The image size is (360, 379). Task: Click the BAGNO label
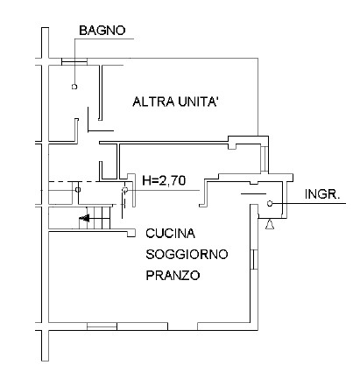pyautogui.click(x=102, y=31)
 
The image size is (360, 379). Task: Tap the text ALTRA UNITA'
pyautogui.click(x=175, y=102)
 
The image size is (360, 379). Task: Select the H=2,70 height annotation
pyautogui.click(x=164, y=180)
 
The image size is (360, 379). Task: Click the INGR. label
pyautogui.click(x=322, y=194)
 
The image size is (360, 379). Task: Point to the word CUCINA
pyautogui.click(x=171, y=233)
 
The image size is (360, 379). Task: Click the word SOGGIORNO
pyautogui.click(x=187, y=255)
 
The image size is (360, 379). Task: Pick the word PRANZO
pyautogui.click(x=173, y=275)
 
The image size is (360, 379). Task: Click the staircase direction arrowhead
pyautogui.click(x=84, y=218)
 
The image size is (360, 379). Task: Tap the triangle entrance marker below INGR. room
pyautogui.click(x=270, y=224)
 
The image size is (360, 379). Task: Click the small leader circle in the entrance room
pyautogui.click(x=270, y=204)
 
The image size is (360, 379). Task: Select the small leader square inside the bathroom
pyautogui.click(x=74, y=87)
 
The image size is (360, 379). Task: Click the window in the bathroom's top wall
pyautogui.click(x=74, y=61)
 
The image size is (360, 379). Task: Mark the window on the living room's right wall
pyautogui.click(x=254, y=259)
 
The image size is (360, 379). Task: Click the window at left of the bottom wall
pyautogui.click(x=102, y=326)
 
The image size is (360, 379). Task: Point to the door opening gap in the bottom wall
pyautogui.click(x=182, y=326)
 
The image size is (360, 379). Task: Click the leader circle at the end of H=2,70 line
pyautogui.click(x=125, y=190)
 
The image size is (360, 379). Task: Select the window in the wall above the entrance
pyautogui.click(x=264, y=158)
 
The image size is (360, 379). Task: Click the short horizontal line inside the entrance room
pyautogui.click(x=253, y=193)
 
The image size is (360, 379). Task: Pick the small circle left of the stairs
pyautogui.click(x=78, y=190)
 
